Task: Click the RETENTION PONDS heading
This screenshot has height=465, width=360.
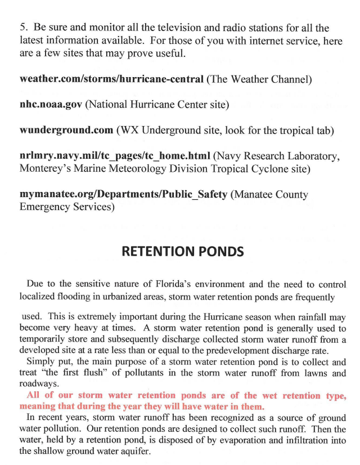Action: pyautogui.click(x=183, y=251)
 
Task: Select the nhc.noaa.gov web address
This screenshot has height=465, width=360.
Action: pyautogui.click(x=51, y=105)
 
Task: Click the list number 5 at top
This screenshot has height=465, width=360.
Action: pyautogui.click(x=22, y=28)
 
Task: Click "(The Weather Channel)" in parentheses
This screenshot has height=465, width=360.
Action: pyautogui.click(x=259, y=79)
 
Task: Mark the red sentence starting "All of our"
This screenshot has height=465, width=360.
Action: pyautogui.click(x=183, y=400)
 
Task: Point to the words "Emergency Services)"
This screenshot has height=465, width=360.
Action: pyautogui.click(x=67, y=207)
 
